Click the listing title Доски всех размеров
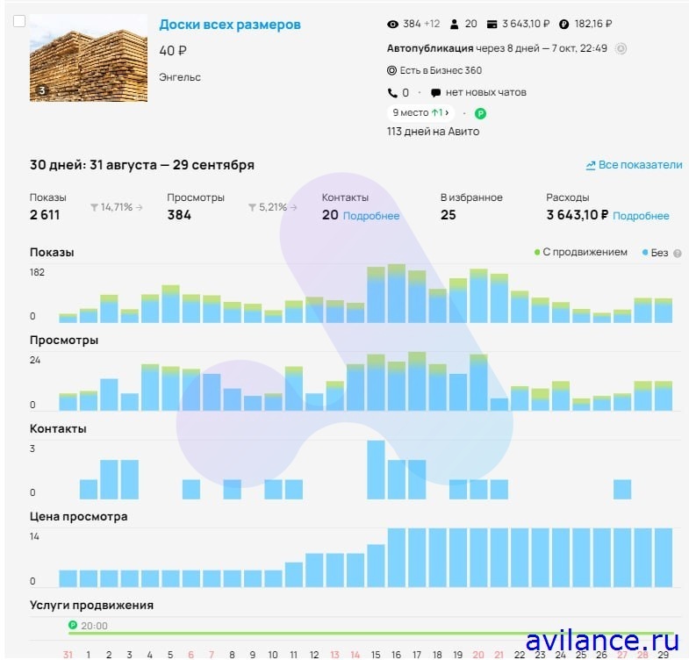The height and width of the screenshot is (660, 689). [229, 25]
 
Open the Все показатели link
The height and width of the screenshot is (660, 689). [634, 165]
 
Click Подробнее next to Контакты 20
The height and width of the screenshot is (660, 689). [370, 216]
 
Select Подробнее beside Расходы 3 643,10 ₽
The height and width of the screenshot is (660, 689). [641, 216]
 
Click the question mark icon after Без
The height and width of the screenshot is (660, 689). [678, 253]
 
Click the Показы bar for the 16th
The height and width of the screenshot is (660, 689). [397, 294]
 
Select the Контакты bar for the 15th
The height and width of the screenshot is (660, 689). [377, 470]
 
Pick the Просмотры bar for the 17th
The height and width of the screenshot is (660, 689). [417, 383]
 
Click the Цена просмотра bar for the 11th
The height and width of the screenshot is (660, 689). [294, 574]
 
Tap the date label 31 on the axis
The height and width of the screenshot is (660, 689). [68, 654]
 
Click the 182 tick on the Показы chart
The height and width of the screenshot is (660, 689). [37, 272]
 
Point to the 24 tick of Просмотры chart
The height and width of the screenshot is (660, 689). [35, 360]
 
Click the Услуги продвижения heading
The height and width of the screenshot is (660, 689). [91, 605]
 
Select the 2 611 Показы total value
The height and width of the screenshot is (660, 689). [45, 215]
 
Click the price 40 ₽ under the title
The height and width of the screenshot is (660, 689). [173, 51]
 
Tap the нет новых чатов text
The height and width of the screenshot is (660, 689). [485, 92]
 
